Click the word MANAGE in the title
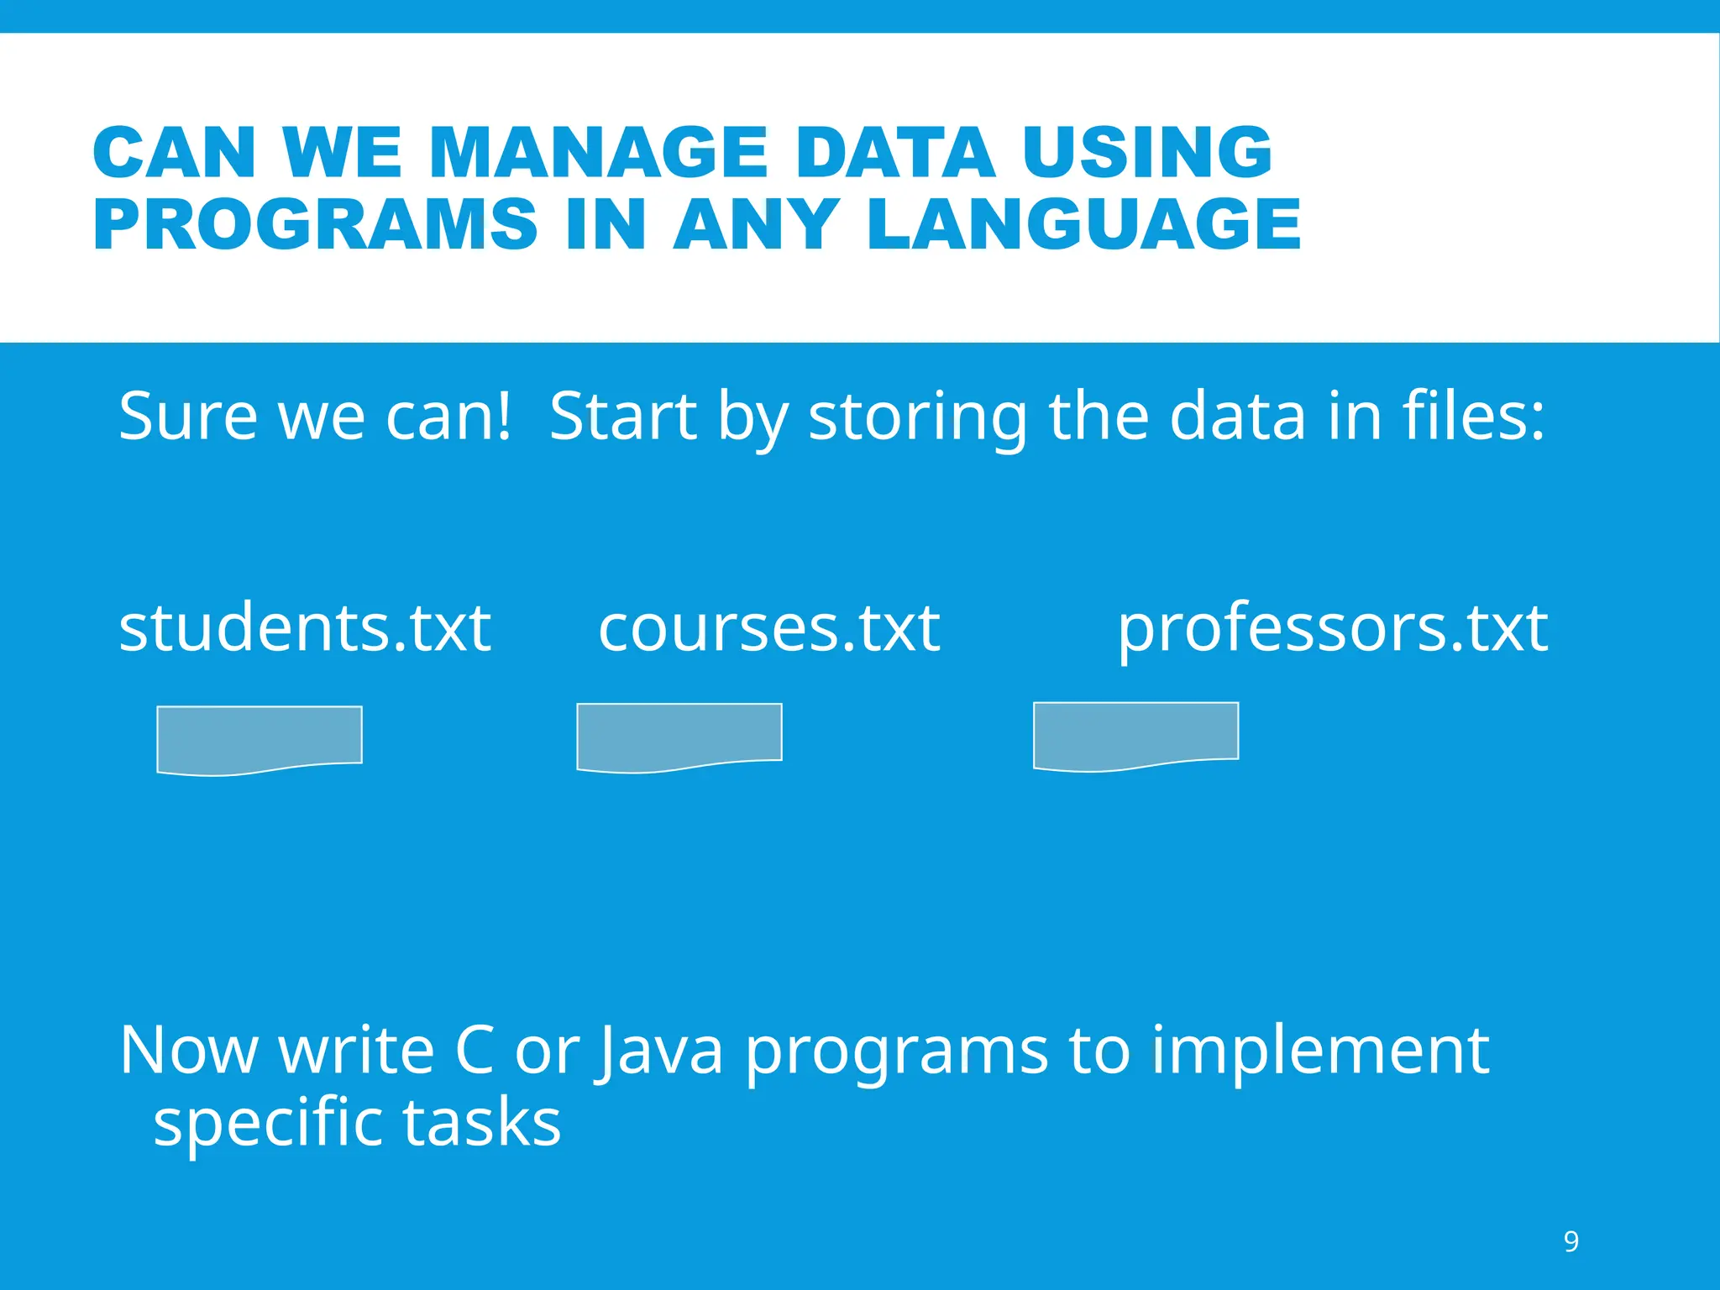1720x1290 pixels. (598, 153)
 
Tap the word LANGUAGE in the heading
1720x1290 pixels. (1083, 224)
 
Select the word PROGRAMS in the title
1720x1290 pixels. (315, 224)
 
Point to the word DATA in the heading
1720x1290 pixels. (895, 153)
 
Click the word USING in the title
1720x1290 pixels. (1147, 153)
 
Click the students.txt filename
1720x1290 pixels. (304, 628)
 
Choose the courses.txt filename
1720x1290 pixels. (768, 628)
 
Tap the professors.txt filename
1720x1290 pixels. (1332, 630)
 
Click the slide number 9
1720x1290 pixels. (1571, 1241)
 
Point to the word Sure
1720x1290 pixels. (187, 417)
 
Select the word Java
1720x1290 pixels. (659, 1051)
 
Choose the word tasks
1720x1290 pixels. (482, 1122)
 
